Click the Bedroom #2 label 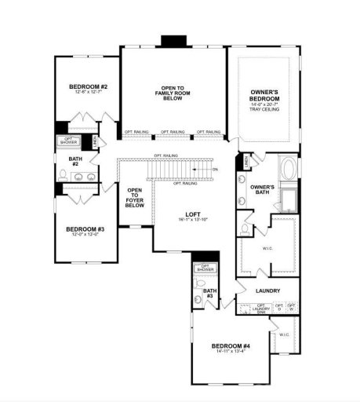coord(88,86)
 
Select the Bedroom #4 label coord(231,345)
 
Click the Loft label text coord(193,214)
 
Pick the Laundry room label coord(268,291)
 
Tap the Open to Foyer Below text coord(134,200)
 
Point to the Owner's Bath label coord(262,189)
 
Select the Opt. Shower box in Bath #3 coord(206,267)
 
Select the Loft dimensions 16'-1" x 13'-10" coord(193,221)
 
